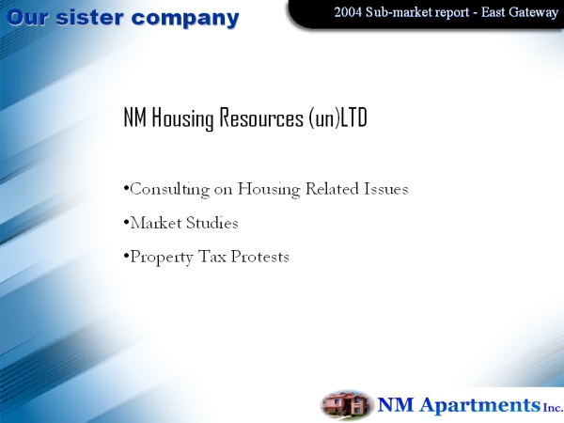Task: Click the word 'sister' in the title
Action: (x=90, y=18)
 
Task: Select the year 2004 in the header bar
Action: (x=348, y=12)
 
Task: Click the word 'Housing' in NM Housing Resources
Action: (x=182, y=118)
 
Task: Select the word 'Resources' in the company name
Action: (x=261, y=117)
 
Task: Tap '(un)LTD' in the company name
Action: (x=337, y=117)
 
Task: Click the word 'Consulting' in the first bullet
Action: (x=170, y=189)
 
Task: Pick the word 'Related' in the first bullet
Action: (x=332, y=189)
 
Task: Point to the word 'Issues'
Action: (x=386, y=189)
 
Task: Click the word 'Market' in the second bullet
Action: (x=156, y=223)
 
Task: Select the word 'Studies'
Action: (x=212, y=223)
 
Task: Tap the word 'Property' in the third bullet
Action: (x=162, y=258)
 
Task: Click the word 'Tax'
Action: (x=211, y=257)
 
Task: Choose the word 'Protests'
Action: (x=259, y=257)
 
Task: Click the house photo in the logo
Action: (x=346, y=404)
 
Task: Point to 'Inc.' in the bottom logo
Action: (x=553, y=407)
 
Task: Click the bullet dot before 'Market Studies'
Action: (x=126, y=222)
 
